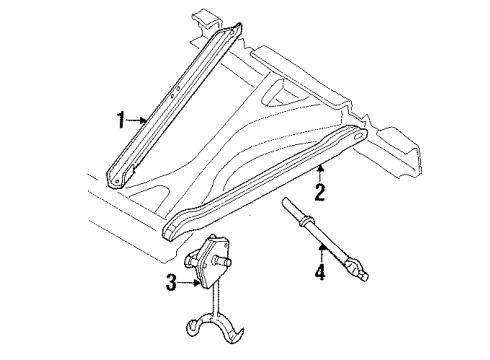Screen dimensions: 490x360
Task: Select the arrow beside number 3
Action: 191,284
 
